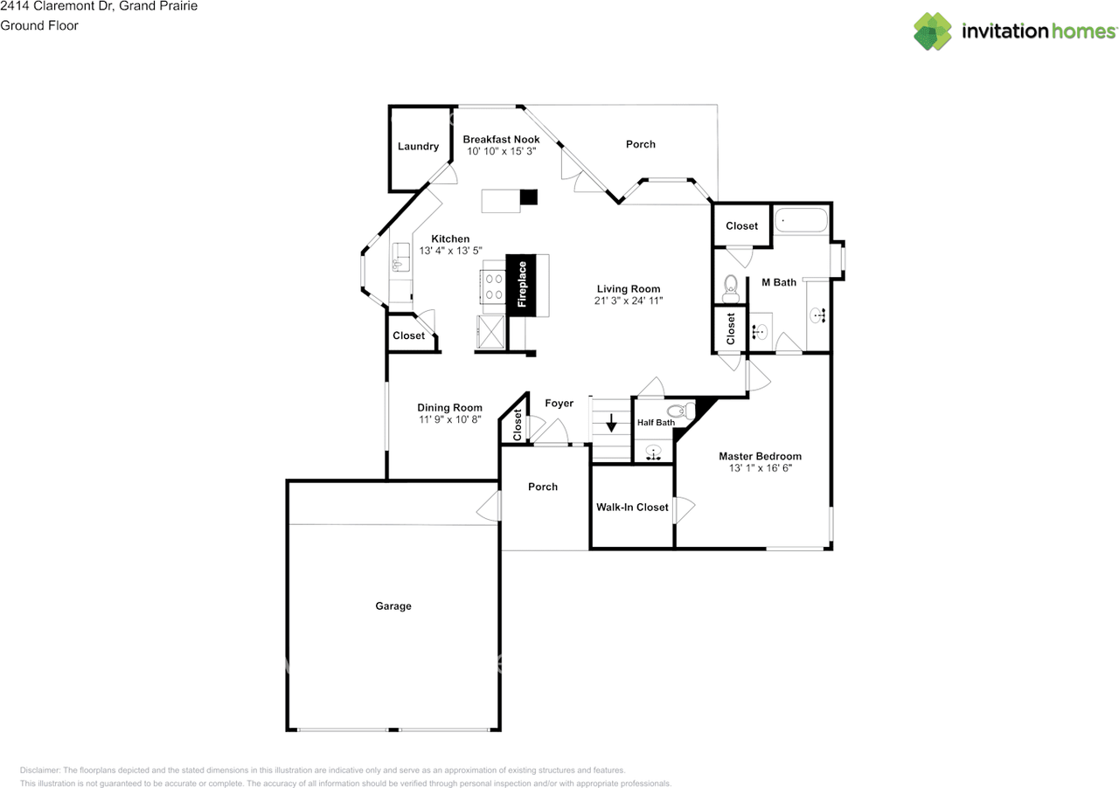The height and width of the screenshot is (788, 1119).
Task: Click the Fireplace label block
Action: coord(521,285)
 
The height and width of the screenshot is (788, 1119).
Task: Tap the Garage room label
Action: coord(393,605)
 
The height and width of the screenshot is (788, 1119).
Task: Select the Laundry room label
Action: coord(418,146)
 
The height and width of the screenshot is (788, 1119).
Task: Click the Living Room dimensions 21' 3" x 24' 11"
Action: coord(629,301)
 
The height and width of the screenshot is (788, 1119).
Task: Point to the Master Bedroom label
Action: coord(760,456)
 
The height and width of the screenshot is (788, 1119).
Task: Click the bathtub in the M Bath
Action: coord(801,220)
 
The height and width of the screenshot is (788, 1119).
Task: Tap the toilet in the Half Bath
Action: coord(680,411)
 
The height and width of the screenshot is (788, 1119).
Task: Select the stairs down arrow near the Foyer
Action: coord(611,423)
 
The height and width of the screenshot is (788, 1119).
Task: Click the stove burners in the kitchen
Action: coord(494,287)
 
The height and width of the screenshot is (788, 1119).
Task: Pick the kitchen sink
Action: coord(400,257)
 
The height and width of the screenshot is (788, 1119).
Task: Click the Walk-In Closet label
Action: coord(632,508)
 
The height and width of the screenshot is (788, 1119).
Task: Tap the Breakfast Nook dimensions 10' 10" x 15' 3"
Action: coord(501,151)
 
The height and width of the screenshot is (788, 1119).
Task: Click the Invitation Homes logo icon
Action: coord(932,31)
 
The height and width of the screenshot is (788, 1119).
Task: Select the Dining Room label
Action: coord(449,408)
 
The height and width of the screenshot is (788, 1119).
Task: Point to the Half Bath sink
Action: coord(653,453)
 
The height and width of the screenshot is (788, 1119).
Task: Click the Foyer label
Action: coord(559,403)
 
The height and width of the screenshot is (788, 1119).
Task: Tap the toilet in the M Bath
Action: coord(730,288)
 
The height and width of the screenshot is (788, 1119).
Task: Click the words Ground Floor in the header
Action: coord(39,25)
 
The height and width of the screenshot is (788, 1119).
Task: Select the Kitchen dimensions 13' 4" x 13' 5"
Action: coord(450,251)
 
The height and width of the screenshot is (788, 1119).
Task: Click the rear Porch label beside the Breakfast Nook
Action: coord(641,144)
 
